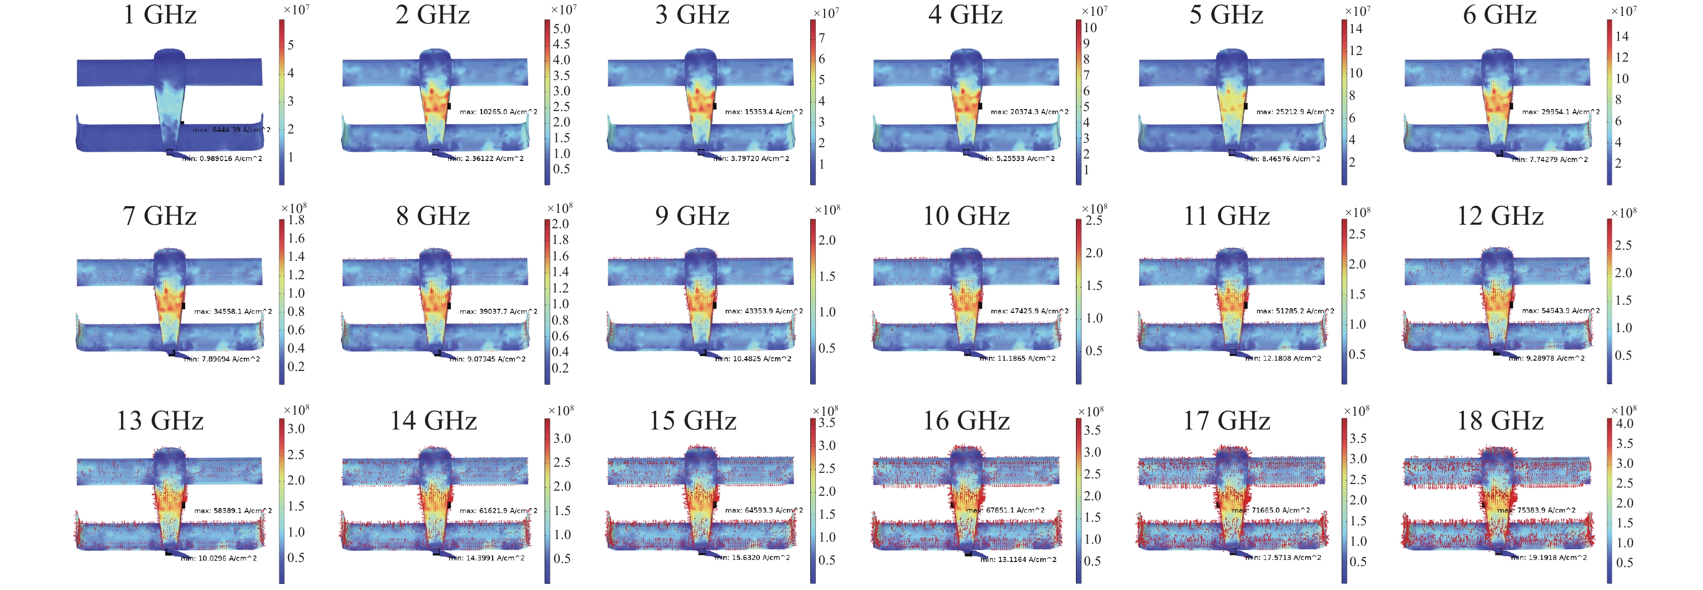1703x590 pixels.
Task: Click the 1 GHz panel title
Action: tap(160, 15)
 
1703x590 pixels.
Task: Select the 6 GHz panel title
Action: tap(1499, 15)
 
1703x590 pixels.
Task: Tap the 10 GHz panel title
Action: tap(966, 216)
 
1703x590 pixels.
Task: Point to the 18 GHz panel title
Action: tap(1499, 421)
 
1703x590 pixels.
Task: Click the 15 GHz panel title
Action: tap(692, 421)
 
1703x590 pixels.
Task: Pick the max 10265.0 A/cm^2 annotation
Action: tap(498, 112)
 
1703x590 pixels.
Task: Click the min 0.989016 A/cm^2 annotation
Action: tap(222, 159)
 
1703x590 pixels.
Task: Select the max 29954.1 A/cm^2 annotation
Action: tap(1560, 112)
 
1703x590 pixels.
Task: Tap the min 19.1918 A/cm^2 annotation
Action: tap(1549, 557)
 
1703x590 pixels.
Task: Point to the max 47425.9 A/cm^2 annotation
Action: tap(1029, 311)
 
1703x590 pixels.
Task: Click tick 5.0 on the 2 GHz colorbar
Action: tap(561, 29)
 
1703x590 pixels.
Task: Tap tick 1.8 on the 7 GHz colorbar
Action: tap(296, 220)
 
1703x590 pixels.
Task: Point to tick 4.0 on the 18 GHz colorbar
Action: tap(1624, 424)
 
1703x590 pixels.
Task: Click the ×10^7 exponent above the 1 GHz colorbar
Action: tap(296, 9)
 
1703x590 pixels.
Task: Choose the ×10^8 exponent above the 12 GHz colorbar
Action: tap(1624, 212)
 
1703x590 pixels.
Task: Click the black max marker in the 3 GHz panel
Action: tap(715, 106)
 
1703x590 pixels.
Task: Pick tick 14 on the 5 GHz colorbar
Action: tap(1356, 29)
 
